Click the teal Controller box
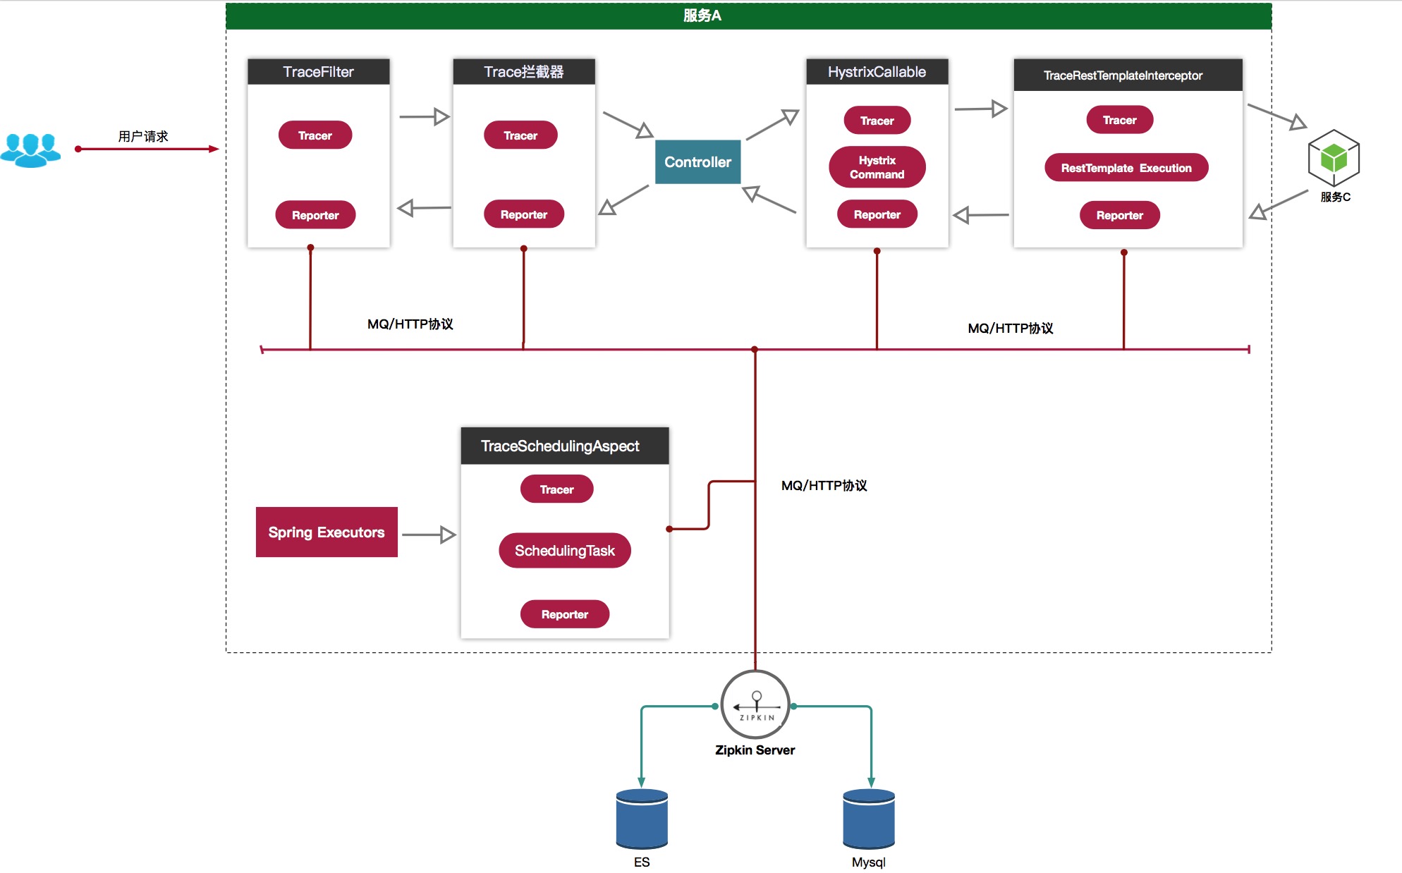[697, 162]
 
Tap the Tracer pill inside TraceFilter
[315, 135]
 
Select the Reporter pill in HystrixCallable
[877, 214]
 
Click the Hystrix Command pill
[877, 167]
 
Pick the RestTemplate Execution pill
[1126, 168]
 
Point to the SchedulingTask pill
[564, 551]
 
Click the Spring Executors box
[327, 532]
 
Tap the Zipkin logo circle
[755, 704]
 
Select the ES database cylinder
[642, 819]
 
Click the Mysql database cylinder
[869, 819]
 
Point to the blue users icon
[30, 149]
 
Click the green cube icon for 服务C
[1334, 157]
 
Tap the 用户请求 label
[143, 136]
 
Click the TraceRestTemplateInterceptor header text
[1123, 75]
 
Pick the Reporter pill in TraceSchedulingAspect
[564, 614]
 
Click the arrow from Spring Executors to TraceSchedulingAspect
[429, 535]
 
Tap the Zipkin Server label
[755, 750]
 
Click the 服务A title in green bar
[702, 16]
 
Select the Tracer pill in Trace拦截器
[520, 135]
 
